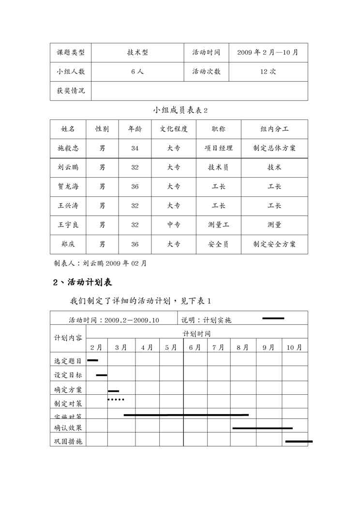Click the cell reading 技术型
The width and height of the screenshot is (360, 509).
pos(137,52)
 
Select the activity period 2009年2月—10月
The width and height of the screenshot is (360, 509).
pos(268,52)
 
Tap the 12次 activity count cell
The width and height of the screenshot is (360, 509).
pos(268,71)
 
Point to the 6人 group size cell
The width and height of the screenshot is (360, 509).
pos(137,71)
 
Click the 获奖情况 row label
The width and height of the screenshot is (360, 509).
pos(71,90)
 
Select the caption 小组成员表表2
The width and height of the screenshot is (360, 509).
pos(180,110)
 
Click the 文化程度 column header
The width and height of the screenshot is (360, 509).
pos(174,129)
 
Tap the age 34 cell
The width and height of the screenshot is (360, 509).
pos(135,148)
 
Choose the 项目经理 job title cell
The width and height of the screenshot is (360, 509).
pos(218,148)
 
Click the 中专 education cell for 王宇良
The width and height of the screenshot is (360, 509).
pos(174,225)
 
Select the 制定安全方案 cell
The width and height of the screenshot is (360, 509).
pos(274,244)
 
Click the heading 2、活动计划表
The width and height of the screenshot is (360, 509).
pos(83,282)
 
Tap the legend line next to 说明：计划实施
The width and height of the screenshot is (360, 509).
pos(273,318)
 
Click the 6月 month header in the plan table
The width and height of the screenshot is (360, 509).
pos(195,347)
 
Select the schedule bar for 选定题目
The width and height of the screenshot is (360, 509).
pos(92,360)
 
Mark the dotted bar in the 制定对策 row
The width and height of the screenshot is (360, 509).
pos(116,400)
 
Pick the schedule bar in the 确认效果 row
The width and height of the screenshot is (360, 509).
pos(262,428)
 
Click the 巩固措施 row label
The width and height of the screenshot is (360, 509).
pos(68,441)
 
